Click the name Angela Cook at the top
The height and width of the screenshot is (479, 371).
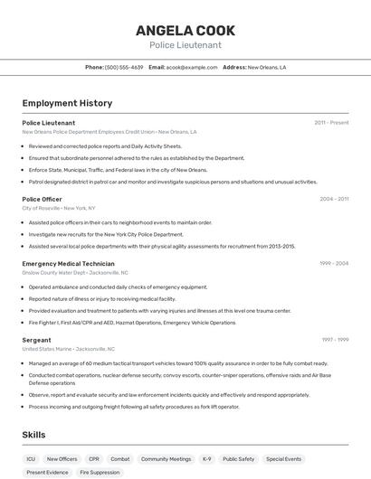pyautogui.click(x=185, y=30)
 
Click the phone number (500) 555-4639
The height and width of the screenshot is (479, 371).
pyautogui.click(x=124, y=67)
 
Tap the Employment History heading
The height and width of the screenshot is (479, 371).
pyautogui.click(x=67, y=103)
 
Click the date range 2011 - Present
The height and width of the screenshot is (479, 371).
pyautogui.click(x=331, y=123)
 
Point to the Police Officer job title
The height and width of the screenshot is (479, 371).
pyautogui.click(x=42, y=199)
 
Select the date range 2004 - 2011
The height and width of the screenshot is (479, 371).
pyautogui.click(x=334, y=199)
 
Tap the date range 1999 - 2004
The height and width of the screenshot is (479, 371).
pyautogui.click(x=334, y=264)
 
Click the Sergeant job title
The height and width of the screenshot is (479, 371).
pyautogui.click(x=36, y=340)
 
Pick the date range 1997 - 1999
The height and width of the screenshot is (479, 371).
pyautogui.click(x=335, y=340)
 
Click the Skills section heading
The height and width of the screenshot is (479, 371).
pyautogui.click(x=33, y=435)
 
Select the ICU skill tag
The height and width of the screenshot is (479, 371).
pyautogui.click(x=31, y=459)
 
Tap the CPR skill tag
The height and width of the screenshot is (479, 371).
pyautogui.click(x=94, y=459)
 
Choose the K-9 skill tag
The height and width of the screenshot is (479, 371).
pyautogui.click(x=206, y=459)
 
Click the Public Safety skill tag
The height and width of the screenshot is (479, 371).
pyautogui.click(x=239, y=459)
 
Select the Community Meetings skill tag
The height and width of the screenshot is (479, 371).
pyautogui.click(x=166, y=459)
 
